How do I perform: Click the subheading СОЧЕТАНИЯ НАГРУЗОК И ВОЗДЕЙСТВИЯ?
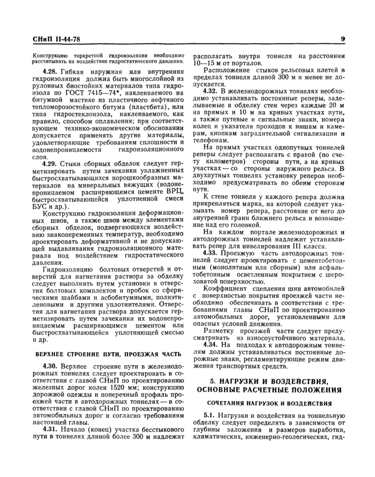(x=269, y=402)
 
